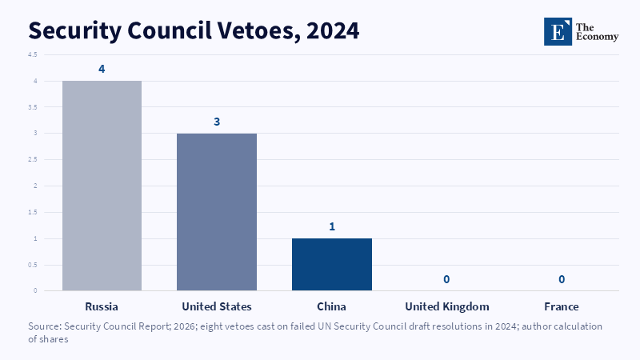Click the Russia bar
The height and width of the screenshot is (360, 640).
[102, 186]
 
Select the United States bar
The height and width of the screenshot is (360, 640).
[217, 212]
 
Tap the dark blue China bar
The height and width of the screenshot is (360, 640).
[332, 265]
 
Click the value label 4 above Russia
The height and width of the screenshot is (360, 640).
[102, 69]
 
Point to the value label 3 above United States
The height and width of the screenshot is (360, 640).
[217, 122]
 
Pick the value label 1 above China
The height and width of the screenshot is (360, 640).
[332, 226]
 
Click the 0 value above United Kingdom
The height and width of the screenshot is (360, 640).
[446, 279]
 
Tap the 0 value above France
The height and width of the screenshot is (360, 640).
[562, 279]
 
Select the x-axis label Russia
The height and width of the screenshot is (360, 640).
[102, 306]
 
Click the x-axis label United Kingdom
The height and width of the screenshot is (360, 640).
[447, 306]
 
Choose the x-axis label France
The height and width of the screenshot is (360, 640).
[562, 306]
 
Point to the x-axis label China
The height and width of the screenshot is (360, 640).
[331, 306]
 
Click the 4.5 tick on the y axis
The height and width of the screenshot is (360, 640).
[33, 54]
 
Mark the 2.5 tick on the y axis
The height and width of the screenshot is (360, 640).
[33, 159]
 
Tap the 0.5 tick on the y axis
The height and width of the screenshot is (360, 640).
[33, 265]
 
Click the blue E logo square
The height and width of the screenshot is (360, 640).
[558, 31]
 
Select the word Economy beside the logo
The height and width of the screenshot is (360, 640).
[597, 37]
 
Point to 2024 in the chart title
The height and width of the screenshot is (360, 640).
[333, 31]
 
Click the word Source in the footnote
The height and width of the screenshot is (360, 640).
[45, 326]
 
